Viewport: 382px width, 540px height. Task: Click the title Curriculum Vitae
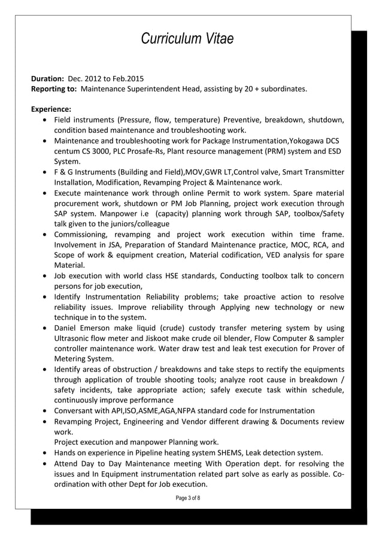click(x=187, y=39)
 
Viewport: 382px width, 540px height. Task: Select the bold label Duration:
click(x=47, y=78)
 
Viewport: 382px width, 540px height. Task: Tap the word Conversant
click(x=75, y=411)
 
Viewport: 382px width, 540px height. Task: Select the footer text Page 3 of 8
click(x=184, y=498)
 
